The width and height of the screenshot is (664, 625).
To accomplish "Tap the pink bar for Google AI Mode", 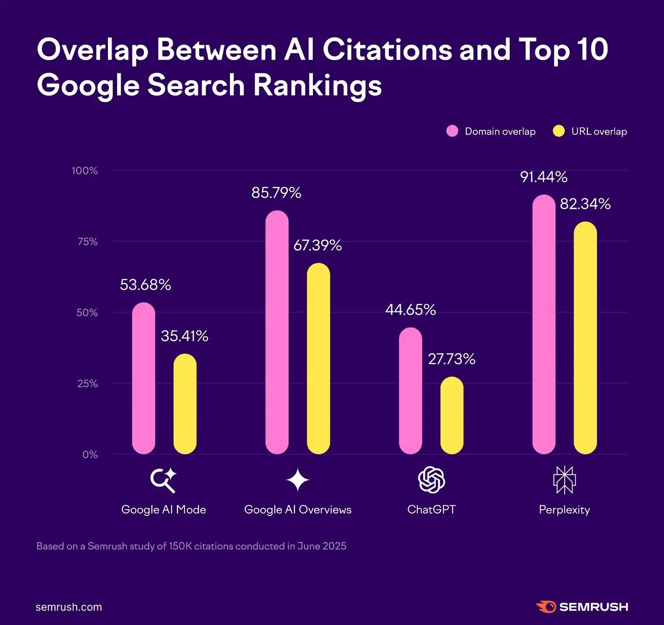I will [144, 378].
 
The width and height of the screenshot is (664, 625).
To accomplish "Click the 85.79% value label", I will [276, 193].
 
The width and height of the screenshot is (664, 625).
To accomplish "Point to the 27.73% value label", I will [452, 359].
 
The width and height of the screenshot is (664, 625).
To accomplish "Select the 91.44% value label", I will [544, 177].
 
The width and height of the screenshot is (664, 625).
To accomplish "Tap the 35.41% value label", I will [185, 336].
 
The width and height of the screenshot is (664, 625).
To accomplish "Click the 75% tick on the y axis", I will [88, 242].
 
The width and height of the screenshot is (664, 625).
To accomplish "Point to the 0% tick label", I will [90, 454].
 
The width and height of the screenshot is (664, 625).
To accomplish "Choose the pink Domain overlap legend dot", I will [452, 131].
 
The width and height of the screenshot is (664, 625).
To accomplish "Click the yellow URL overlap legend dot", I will [559, 131].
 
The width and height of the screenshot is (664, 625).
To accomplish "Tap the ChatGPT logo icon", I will [431, 480].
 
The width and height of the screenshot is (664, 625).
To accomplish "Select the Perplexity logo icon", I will [564, 480].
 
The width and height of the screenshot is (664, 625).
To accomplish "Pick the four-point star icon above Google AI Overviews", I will [298, 480].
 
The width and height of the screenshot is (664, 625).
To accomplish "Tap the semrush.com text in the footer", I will [69, 607].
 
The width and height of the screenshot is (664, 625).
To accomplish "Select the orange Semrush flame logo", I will [546, 607].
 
